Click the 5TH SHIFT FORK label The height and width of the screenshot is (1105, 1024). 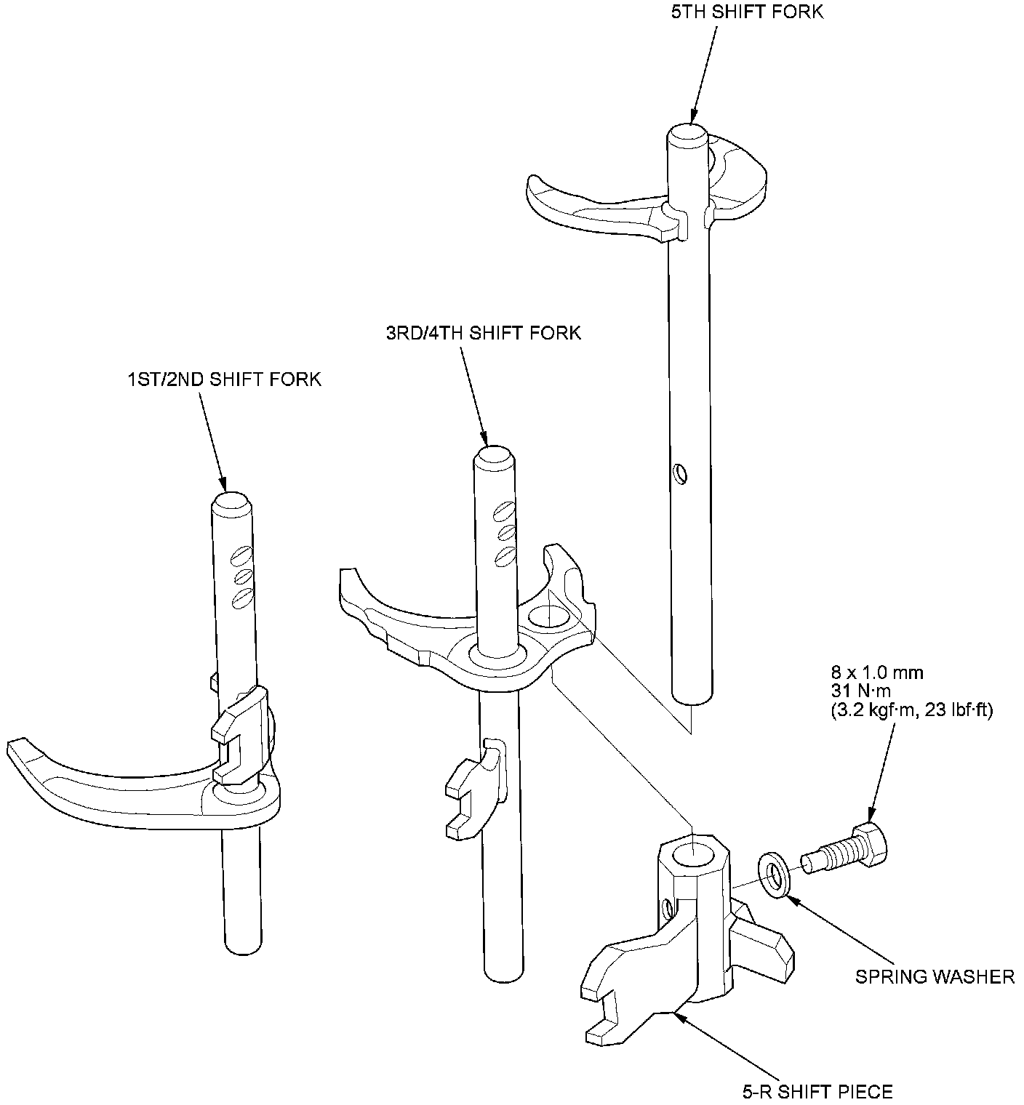pos(748,12)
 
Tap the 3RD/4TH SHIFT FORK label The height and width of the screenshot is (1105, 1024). pos(484,333)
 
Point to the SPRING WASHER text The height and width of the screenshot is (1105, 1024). pos(935,976)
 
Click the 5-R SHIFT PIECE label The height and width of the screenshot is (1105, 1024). pos(817,1090)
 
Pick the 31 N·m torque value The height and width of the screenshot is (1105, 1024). pos(860,691)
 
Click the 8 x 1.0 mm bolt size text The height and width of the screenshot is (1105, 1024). pos(876,672)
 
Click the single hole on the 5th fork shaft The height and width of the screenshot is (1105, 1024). pos(680,473)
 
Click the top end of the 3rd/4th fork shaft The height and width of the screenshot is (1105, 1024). pos(495,457)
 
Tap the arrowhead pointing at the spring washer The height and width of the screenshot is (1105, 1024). pos(793,899)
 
